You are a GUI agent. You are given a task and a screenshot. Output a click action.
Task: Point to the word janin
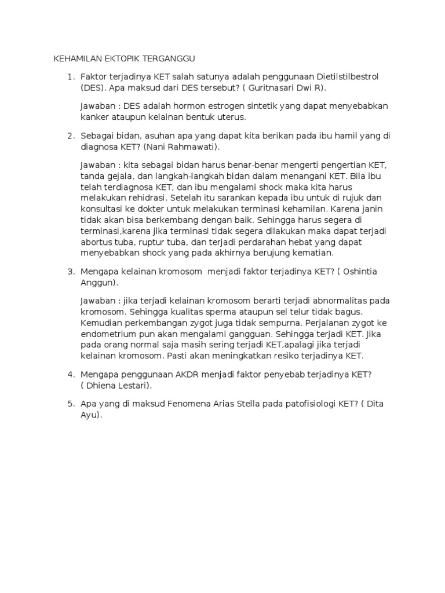coord(371,208)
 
